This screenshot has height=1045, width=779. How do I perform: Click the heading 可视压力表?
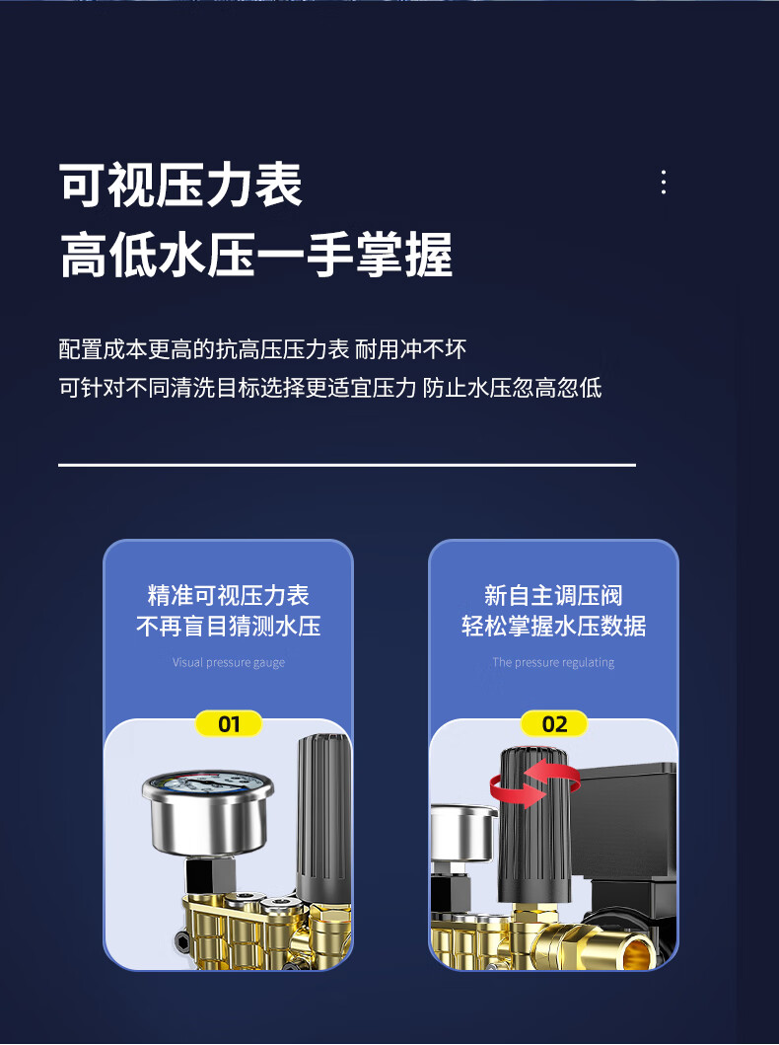pyautogui.click(x=180, y=185)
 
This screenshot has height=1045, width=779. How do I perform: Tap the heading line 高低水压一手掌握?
pyautogui.click(x=256, y=255)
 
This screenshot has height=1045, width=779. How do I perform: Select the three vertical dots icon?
pyautogui.click(x=664, y=182)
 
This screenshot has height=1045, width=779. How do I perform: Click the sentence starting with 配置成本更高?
pyautogui.click(x=262, y=349)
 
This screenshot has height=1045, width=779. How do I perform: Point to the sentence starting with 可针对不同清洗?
pyautogui.click(x=330, y=387)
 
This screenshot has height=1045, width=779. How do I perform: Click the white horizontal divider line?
pyautogui.click(x=347, y=465)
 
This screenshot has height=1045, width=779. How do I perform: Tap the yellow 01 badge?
pyautogui.click(x=229, y=723)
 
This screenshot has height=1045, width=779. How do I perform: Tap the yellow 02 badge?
pyautogui.click(x=554, y=723)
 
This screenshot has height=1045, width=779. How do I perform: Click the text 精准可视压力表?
pyautogui.click(x=229, y=595)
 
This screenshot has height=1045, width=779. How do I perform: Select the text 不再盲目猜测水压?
pyautogui.click(x=229, y=626)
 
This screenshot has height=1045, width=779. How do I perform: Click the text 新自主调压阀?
pyautogui.click(x=553, y=595)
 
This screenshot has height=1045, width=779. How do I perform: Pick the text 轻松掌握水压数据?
pyautogui.click(x=553, y=626)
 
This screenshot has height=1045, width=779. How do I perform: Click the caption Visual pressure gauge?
pyautogui.click(x=229, y=662)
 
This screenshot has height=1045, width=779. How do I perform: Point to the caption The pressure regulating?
pyautogui.click(x=553, y=662)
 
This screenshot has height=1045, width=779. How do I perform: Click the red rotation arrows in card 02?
pyautogui.click(x=534, y=784)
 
